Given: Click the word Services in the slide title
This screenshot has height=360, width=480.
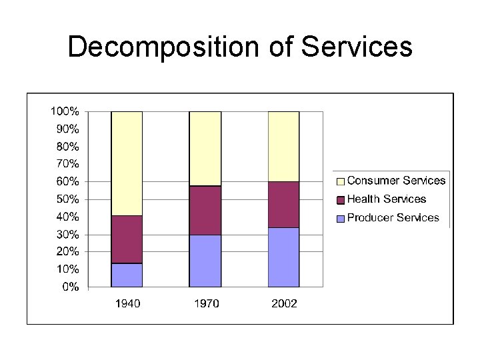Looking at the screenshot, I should (357, 48).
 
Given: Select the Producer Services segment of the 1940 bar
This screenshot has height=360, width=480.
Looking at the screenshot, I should (127, 275).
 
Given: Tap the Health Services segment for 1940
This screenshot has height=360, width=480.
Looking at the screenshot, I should (127, 239).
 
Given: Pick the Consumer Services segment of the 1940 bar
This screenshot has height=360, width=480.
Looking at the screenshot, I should (127, 163).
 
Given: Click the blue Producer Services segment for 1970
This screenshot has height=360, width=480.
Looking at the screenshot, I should (205, 261).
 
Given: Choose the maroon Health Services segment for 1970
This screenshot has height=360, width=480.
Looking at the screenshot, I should (205, 210).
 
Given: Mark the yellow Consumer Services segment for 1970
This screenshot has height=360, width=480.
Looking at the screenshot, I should (205, 149).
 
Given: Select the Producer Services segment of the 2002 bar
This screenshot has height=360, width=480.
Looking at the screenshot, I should (283, 257).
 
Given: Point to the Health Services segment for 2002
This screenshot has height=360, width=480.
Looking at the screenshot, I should (283, 205).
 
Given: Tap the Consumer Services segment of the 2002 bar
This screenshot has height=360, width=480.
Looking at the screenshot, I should (283, 147).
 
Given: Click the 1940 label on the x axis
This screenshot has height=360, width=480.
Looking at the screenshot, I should (127, 304).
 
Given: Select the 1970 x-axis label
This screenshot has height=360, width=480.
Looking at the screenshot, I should (206, 304).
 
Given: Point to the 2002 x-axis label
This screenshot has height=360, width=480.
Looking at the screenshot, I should (284, 304).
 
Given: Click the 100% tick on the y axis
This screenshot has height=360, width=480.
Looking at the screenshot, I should (65, 111).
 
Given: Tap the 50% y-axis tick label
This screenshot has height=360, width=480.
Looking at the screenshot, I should (67, 199).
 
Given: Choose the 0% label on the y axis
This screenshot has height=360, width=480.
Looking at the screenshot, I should (70, 287).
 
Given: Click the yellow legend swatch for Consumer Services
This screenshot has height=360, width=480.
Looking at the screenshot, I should (341, 181).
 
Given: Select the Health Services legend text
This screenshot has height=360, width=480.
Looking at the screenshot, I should (386, 199).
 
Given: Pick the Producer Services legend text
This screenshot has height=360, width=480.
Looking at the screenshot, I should (393, 217).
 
